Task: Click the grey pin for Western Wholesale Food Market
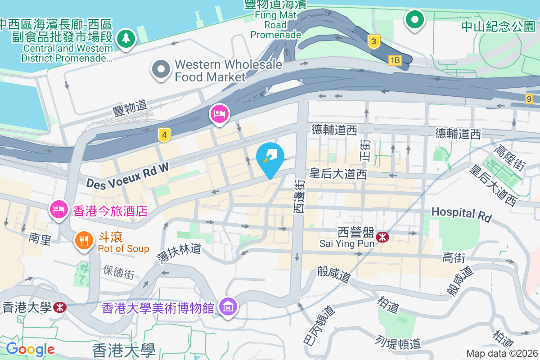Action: [161, 70]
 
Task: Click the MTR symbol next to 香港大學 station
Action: [58, 307]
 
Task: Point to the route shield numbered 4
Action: [164, 135]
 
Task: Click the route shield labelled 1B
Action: [395, 60]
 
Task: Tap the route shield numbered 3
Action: [373, 42]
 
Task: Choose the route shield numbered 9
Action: [529, 99]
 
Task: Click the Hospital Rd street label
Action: [461, 214]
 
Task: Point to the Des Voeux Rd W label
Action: [127, 176]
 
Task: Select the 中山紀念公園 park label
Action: [498, 26]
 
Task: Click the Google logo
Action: [31, 349]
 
